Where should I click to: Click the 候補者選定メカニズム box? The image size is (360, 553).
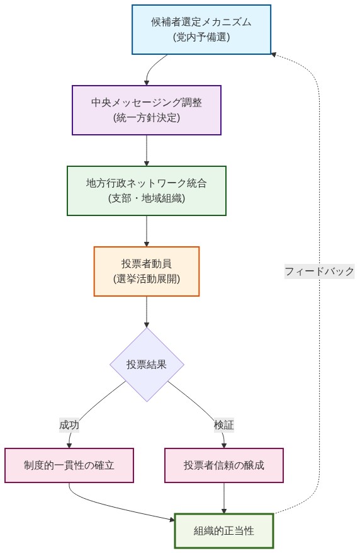[x=201, y=30]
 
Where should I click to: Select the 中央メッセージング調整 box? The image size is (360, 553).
[x=147, y=110]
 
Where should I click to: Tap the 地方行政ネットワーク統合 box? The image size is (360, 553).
[x=147, y=191]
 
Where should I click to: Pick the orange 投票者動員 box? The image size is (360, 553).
[x=147, y=271]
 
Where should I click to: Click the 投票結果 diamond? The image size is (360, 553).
[x=147, y=364]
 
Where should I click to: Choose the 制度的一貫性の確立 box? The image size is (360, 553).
[x=69, y=465]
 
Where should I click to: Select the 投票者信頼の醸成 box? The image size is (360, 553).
[x=224, y=465]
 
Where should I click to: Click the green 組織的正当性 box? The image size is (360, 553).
[x=224, y=531]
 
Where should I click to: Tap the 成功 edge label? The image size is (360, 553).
[x=69, y=425]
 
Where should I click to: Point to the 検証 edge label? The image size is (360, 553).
[x=224, y=425]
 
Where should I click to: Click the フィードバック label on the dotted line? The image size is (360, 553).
[x=319, y=271]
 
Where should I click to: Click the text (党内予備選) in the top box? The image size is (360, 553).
[x=201, y=37]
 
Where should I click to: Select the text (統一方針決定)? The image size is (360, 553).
[x=147, y=118]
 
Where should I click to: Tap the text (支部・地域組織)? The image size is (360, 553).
[x=147, y=198]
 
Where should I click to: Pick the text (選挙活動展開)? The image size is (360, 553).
[x=147, y=279]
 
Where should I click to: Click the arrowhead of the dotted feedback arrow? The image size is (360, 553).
[x=274, y=55]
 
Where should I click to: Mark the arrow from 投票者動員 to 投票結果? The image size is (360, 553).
[x=147, y=312]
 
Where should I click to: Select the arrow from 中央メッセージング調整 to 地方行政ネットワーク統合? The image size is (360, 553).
[x=147, y=151]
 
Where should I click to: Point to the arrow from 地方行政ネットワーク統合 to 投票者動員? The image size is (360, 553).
[x=147, y=231]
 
